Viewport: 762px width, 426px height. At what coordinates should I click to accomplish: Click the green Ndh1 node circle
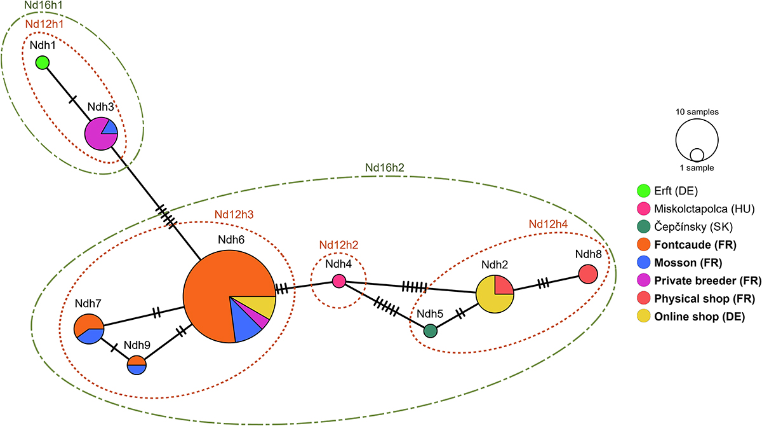42,62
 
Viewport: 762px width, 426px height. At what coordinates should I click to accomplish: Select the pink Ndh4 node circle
339,280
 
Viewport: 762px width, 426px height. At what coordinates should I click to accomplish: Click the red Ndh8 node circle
589,275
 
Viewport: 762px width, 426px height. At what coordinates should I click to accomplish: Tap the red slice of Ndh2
503,285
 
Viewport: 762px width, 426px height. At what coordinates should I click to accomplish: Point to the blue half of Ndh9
137,370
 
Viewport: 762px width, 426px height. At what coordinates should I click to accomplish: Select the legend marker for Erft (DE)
644,190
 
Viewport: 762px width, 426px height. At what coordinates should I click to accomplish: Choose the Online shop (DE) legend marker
644,317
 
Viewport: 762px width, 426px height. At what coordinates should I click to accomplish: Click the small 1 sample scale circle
697,155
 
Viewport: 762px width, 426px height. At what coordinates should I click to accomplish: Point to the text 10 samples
697,111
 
